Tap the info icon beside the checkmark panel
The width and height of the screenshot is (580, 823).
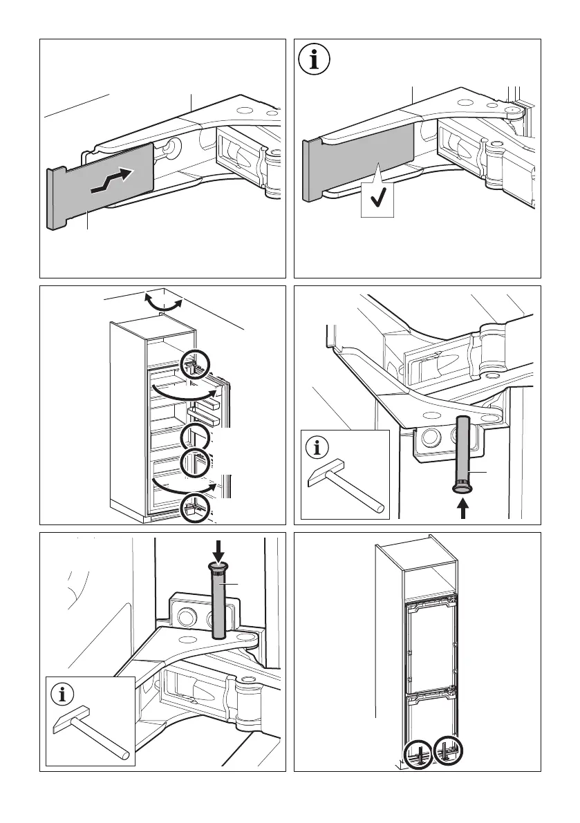tap(315, 59)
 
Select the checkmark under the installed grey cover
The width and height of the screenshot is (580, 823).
tap(378, 200)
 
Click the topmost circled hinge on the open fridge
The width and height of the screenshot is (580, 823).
tap(194, 364)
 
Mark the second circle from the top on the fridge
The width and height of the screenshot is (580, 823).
tap(196, 437)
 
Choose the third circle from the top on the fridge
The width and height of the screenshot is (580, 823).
tap(195, 464)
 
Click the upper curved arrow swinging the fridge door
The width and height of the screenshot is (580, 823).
tap(183, 392)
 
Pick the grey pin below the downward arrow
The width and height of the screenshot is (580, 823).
tap(219, 597)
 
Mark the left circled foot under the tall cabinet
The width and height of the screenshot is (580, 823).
tap(418, 753)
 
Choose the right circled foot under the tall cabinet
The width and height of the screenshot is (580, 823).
tap(449, 752)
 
